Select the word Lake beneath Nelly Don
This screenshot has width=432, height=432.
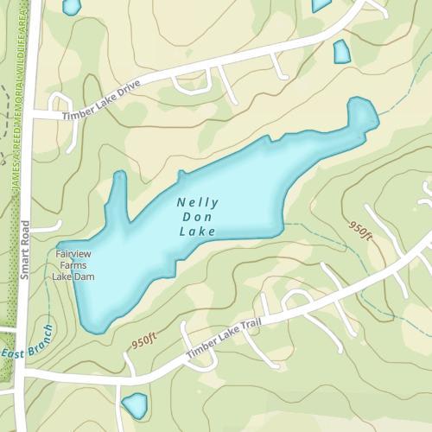(195, 232)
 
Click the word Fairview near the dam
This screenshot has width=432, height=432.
(73, 256)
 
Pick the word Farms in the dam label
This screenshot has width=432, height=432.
(73, 266)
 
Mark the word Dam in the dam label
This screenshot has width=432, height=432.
(85, 276)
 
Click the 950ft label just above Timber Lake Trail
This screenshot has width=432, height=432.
(145, 340)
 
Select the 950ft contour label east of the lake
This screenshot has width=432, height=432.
(360, 230)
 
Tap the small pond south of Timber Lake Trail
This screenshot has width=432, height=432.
(134, 403)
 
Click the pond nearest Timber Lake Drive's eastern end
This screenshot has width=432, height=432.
(341, 52)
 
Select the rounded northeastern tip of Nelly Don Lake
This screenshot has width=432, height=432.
(363, 111)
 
